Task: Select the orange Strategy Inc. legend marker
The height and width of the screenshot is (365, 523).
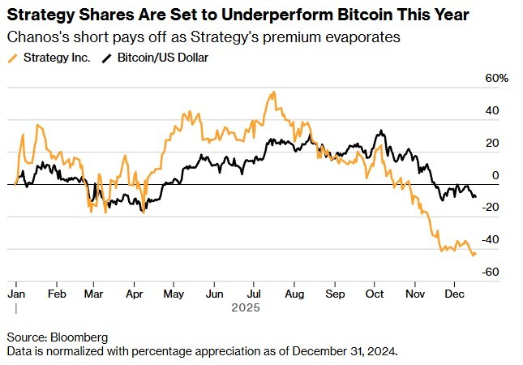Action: tap(14, 58)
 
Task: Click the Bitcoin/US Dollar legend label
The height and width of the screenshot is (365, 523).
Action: tap(162, 58)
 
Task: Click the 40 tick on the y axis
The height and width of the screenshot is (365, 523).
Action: tap(492, 110)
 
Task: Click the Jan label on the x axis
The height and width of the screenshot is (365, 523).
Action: tap(17, 293)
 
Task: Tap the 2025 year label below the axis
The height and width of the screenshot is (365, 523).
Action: tap(245, 308)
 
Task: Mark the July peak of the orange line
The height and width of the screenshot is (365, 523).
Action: tap(273, 92)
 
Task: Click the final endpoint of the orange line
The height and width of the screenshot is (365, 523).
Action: tap(475, 255)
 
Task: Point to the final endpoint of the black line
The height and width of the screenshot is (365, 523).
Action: tap(475, 196)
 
